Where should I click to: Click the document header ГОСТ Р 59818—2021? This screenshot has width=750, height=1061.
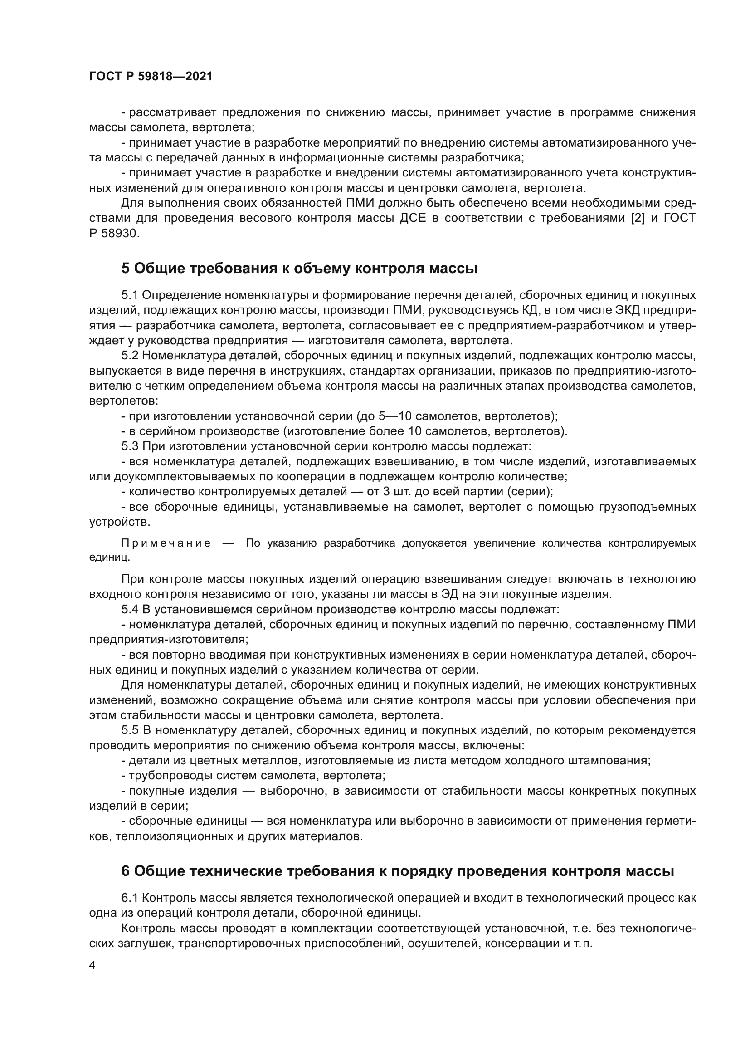151,77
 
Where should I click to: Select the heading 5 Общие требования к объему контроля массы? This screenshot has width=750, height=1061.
299,269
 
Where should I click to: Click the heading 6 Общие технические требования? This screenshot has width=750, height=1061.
398,871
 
